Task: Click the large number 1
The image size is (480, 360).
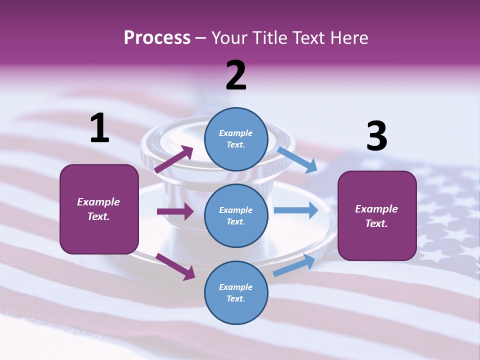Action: pos(99,128)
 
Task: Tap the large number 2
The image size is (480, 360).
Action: pos(236,75)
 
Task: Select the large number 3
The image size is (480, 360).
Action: pos(376,136)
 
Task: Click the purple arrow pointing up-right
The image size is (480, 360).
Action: pos(174,159)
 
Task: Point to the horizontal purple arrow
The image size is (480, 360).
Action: pos(175,211)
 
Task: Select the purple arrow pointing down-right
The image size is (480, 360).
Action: pos(175,266)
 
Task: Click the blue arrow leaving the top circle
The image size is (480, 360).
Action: pos(297,159)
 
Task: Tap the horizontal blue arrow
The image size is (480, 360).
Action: pos(295,210)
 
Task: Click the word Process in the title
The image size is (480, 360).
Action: pos(157,37)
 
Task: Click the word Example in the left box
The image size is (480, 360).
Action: pos(98,202)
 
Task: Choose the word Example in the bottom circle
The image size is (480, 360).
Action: pos(235,287)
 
